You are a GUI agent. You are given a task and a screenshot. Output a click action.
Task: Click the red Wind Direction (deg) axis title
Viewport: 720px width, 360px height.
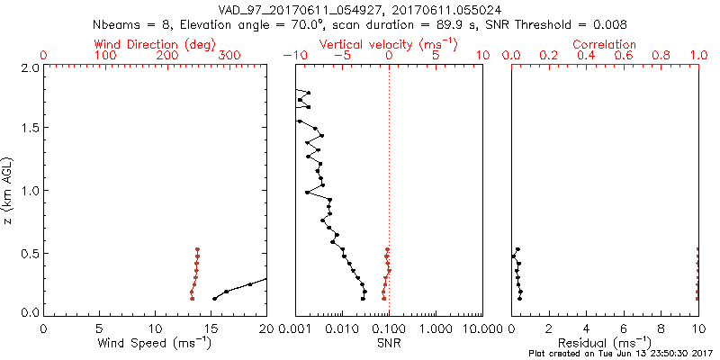point(155,44)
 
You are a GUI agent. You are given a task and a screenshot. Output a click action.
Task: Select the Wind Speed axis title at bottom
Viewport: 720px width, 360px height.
point(156,343)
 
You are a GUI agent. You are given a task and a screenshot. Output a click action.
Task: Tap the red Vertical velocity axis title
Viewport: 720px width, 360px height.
point(389,44)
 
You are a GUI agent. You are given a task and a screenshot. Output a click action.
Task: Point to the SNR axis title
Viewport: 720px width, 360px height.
point(389,343)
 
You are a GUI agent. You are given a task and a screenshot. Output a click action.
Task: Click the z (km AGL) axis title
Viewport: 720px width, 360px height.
point(9,189)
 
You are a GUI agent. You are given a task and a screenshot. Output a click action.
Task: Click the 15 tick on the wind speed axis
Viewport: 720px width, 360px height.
point(211,328)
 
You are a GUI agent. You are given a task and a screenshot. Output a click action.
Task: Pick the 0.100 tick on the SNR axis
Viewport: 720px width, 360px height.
point(389,328)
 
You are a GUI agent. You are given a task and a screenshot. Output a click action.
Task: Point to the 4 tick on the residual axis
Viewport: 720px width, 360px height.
point(587,328)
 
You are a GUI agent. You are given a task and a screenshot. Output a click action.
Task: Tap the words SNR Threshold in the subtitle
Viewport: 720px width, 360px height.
point(534,24)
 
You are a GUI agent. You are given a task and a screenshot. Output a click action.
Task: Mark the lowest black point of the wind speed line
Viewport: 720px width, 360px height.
point(214,299)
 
